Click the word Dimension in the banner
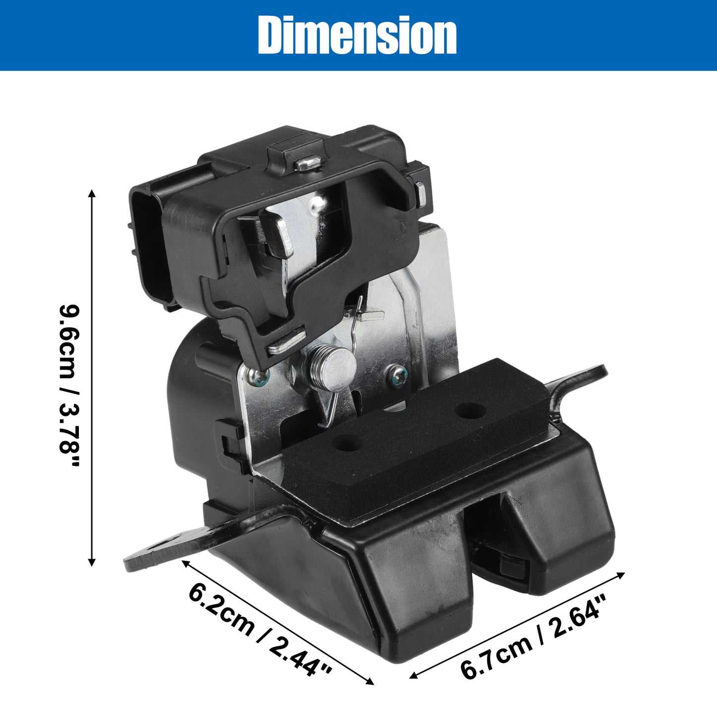coord(358,35)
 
